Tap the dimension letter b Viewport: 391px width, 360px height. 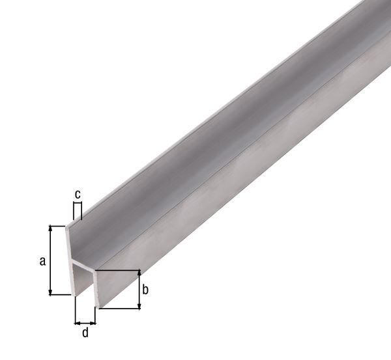(x=145, y=290)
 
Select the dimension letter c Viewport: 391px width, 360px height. (x=78, y=194)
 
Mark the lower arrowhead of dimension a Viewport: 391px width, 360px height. (x=50, y=291)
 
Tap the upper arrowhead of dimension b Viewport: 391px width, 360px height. (x=138, y=273)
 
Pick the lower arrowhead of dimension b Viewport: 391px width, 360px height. (x=138, y=305)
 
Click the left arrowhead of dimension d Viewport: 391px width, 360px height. (x=77, y=321)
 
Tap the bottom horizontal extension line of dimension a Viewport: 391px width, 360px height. (x=60, y=295)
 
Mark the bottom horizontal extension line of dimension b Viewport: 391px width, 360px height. (x=120, y=309)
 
